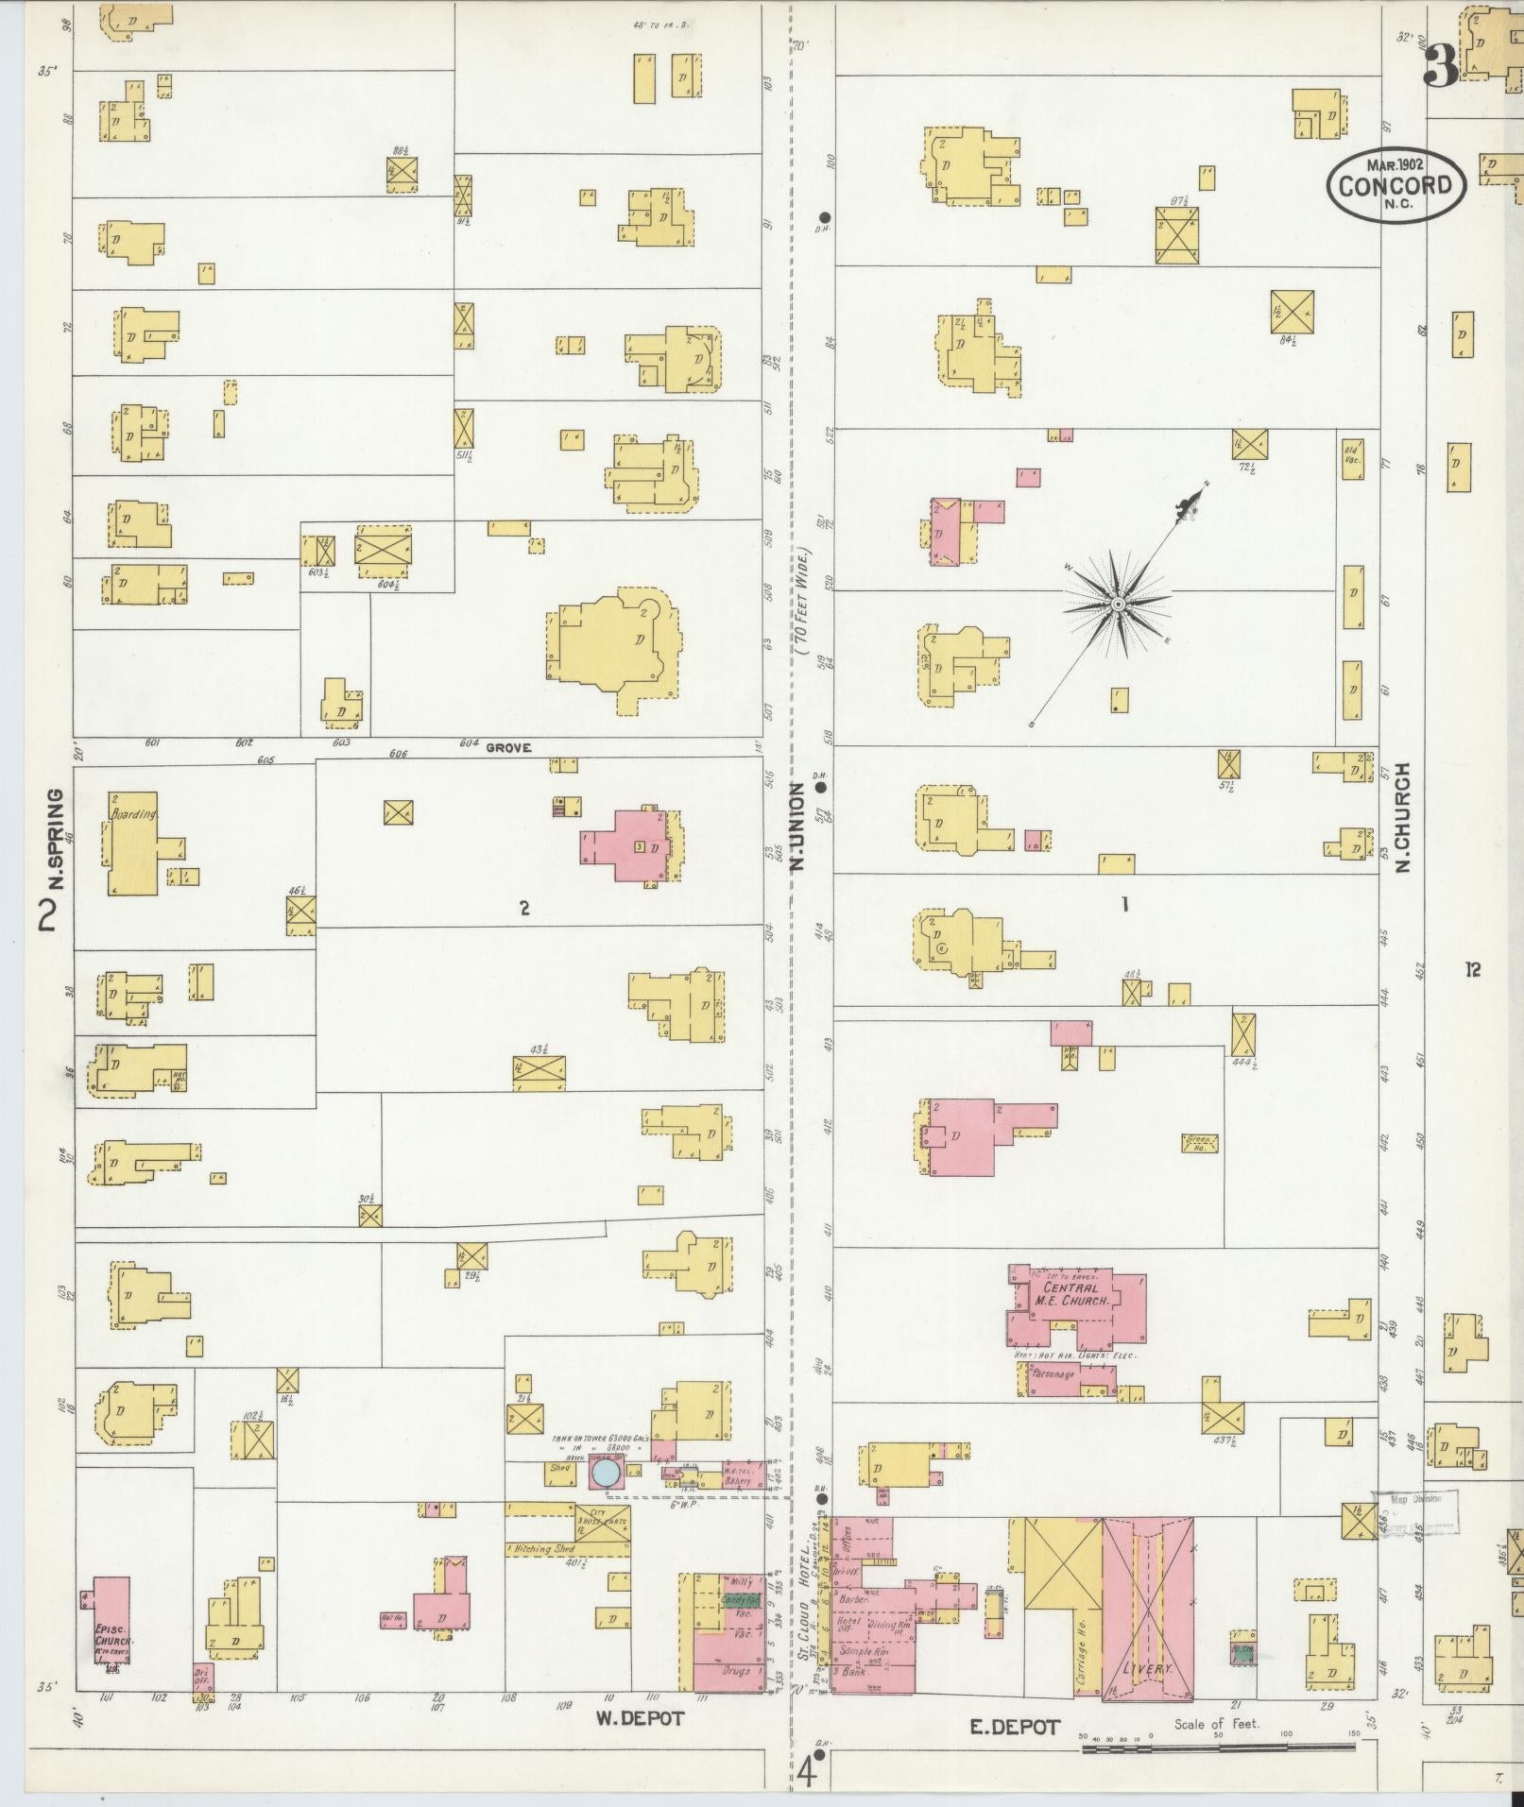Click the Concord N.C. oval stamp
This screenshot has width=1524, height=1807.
pos(1395,183)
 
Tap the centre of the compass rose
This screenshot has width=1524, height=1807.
pos(1118,604)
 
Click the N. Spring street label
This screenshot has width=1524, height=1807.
pos(56,838)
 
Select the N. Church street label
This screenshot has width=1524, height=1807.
pos(1402,817)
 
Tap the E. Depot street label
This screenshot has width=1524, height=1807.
pos(1015,1727)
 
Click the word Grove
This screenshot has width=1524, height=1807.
pos(508,747)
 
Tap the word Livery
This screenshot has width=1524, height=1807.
pos(1147,1669)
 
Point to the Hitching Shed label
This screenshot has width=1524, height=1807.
pos(543,1550)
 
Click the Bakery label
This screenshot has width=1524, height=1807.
pos(737,1482)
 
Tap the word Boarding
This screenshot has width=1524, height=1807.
pos(132,813)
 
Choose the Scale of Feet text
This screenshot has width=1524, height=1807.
pos(1217,1724)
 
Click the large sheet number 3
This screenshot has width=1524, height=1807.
pos(1441,66)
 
